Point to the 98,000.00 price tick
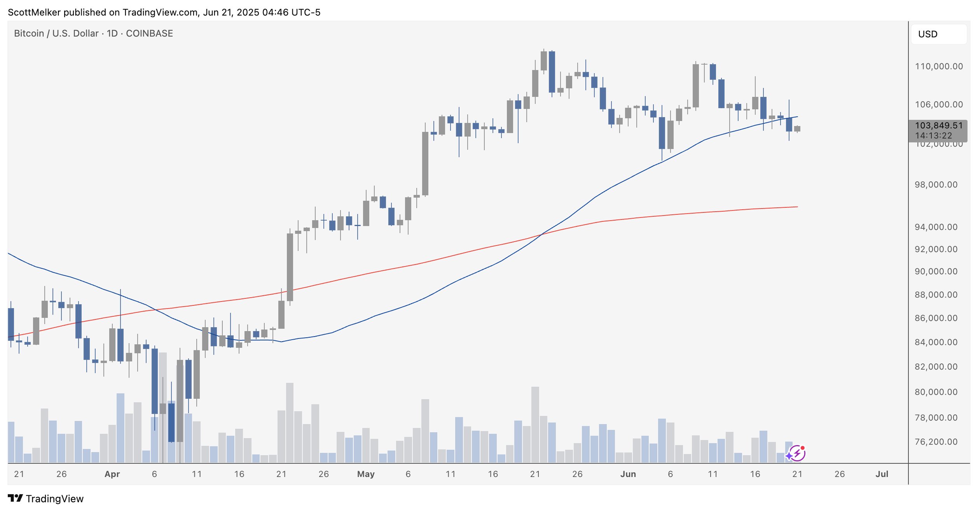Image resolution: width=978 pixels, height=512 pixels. coord(936,185)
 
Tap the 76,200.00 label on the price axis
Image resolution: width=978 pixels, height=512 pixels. coord(936,442)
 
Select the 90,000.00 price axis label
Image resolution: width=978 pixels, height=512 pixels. coord(936,272)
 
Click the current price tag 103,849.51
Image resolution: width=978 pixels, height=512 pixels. coord(938,126)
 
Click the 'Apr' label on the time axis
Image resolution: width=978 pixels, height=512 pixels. coord(112,474)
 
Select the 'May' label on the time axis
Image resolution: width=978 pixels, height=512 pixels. coord(366,474)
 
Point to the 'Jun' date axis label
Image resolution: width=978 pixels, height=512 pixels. coord(628,474)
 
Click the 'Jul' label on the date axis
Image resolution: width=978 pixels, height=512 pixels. coord(882,474)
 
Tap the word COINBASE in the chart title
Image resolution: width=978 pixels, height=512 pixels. coord(149,33)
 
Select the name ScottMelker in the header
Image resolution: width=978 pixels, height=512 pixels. coord(34,12)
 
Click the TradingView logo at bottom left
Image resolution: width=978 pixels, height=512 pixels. coord(45,499)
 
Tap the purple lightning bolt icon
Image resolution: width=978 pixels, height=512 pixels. coord(797,453)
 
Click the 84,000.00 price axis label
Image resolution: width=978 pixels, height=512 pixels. coord(936,342)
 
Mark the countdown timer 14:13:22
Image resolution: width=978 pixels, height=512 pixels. coord(934,136)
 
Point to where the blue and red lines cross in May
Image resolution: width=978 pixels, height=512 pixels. coord(541,234)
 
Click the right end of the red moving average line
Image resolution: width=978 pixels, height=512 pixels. coord(797,207)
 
